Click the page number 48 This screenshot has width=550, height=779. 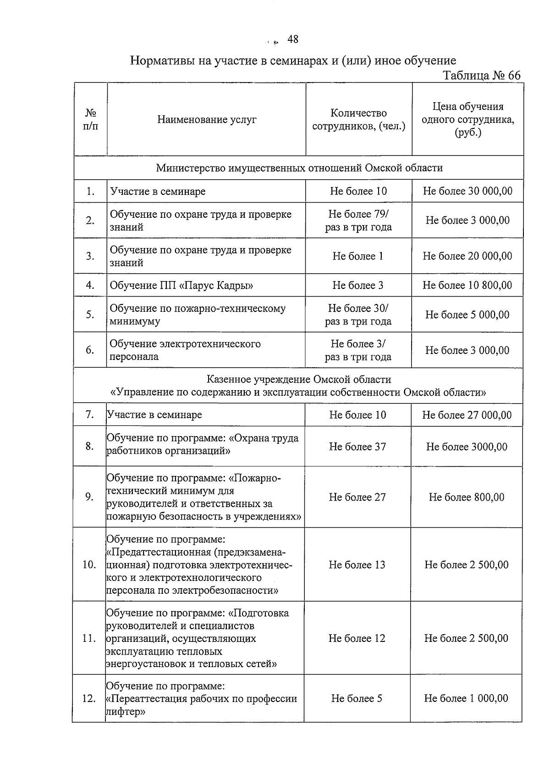pyautogui.click(x=292, y=39)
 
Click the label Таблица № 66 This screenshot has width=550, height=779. pyautogui.click(x=481, y=75)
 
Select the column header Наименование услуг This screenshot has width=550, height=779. pyautogui.click(x=207, y=120)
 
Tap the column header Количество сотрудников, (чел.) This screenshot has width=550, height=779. pyautogui.click(x=359, y=120)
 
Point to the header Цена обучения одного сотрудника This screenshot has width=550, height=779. pyautogui.click(x=467, y=120)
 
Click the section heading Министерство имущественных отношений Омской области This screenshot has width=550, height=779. pyautogui.click(x=299, y=168)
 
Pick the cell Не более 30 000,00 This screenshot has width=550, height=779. pyautogui.click(x=467, y=191)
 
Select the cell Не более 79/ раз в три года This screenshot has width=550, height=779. pyautogui.click(x=358, y=221)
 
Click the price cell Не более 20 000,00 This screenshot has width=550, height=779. pyautogui.click(x=467, y=256)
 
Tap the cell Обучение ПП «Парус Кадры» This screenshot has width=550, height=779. pyautogui.click(x=181, y=286)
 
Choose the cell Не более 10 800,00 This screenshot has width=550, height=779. pyautogui.click(x=467, y=286)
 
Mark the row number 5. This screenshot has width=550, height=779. pyautogui.click(x=90, y=315)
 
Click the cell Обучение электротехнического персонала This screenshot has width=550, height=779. pyautogui.click(x=185, y=350)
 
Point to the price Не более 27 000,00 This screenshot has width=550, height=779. pyautogui.click(x=467, y=415)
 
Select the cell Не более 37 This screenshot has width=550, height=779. pyautogui.click(x=357, y=447)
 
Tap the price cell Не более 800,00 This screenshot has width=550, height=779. pyautogui.click(x=467, y=497)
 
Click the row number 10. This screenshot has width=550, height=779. pyautogui.click(x=89, y=565)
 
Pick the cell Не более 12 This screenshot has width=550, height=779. pyautogui.click(x=357, y=638)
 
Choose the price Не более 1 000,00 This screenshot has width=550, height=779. pyautogui.click(x=466, y=699)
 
